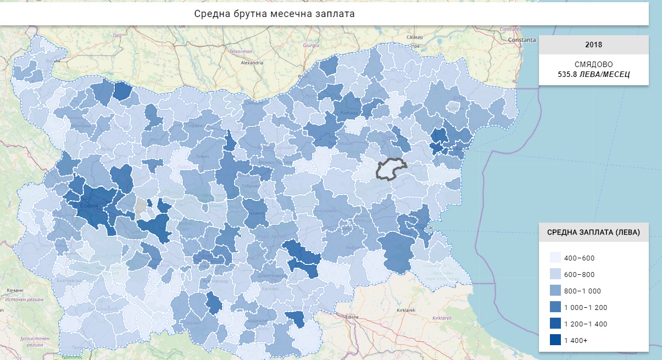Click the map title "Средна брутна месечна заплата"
[x=274, y=14]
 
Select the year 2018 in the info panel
[x=593, y=45]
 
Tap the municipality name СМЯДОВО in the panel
[x=593, y=64]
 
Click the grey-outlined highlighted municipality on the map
[x=391, y=168]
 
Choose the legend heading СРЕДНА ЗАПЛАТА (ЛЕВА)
[x=593, y=232]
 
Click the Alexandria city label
[x=252, y=63]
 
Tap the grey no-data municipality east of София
[x=141, y=206]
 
